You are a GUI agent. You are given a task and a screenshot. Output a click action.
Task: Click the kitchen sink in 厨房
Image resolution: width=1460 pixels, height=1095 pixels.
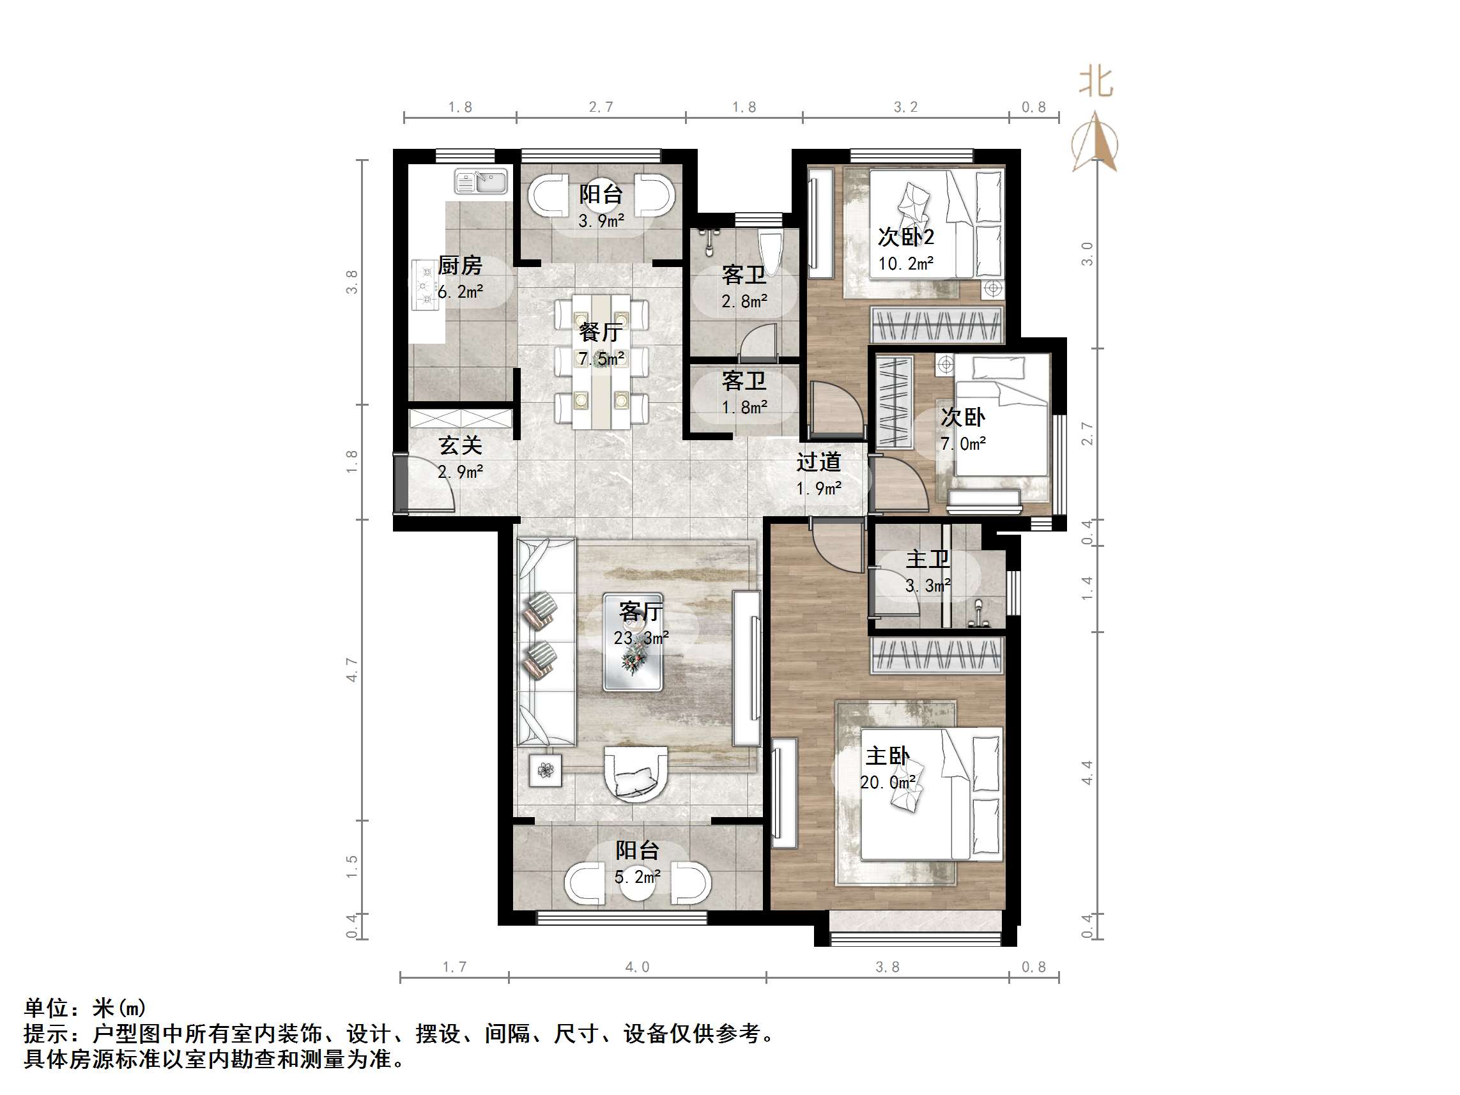pos(480,181)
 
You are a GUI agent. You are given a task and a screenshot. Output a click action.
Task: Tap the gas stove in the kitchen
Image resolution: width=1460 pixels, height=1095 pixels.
pos(424,284)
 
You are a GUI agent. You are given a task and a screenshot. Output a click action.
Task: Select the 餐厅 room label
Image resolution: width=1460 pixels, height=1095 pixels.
pos(601,332)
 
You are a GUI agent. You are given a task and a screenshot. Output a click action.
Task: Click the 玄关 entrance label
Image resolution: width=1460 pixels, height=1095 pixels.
pos(461,445)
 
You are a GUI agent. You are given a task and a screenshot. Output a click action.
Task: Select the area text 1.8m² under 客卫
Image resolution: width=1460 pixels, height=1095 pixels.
pos(744,407)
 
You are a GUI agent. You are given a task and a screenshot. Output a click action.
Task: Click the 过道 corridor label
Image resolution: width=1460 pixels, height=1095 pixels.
pos(818,461)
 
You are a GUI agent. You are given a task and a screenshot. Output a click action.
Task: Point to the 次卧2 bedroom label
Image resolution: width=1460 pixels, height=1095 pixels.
pos(905,237)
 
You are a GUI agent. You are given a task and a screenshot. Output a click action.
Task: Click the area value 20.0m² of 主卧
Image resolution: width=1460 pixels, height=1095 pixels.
pos(888,782)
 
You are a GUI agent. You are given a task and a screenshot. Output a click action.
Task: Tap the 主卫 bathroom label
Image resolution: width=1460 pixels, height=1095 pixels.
pos(927,559)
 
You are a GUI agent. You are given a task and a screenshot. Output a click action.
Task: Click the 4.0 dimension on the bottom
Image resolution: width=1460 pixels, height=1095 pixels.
pos(637,967)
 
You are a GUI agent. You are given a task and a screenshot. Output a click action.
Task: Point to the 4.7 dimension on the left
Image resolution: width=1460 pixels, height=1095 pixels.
pos(352,670)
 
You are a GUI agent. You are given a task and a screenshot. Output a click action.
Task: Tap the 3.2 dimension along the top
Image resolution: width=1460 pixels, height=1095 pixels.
pos(905,107)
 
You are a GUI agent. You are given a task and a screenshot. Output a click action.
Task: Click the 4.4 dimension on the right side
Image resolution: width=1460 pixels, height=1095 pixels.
pos(1087,772)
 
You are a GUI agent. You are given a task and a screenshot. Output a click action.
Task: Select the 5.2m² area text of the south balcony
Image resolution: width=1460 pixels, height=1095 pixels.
pos(637,877)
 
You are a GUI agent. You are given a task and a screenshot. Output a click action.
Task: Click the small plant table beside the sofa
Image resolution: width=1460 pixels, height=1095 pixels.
pos(545,770)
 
